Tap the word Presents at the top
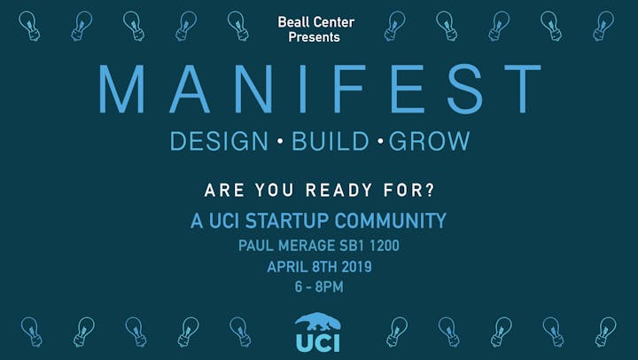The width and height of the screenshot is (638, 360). tap(314, 37)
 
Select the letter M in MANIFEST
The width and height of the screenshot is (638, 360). tap(121, 89)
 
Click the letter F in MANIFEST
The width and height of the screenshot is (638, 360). tap(350, 89)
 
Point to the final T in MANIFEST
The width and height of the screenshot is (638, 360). tap(523, 89)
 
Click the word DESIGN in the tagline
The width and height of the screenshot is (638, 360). tap(219, 141)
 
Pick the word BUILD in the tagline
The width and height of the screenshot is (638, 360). tap(331, 141)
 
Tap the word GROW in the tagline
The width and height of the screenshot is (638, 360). tap(429, 141)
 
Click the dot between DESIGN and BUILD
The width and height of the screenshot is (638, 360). tap(280, 141)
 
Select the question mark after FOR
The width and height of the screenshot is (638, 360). tap(431, 190)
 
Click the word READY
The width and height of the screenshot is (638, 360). tap(338, 190)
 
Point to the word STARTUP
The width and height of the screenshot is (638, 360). tap(287, 221)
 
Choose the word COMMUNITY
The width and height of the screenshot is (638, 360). tap(391, 221)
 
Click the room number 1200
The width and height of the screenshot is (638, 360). tap(385, 246)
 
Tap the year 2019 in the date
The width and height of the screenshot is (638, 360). tap(356, 267)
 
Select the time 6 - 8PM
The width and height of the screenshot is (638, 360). tap(319, 286)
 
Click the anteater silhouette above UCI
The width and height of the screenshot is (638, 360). tap(318, 323)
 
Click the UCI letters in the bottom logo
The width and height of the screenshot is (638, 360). tap(318, 343)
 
